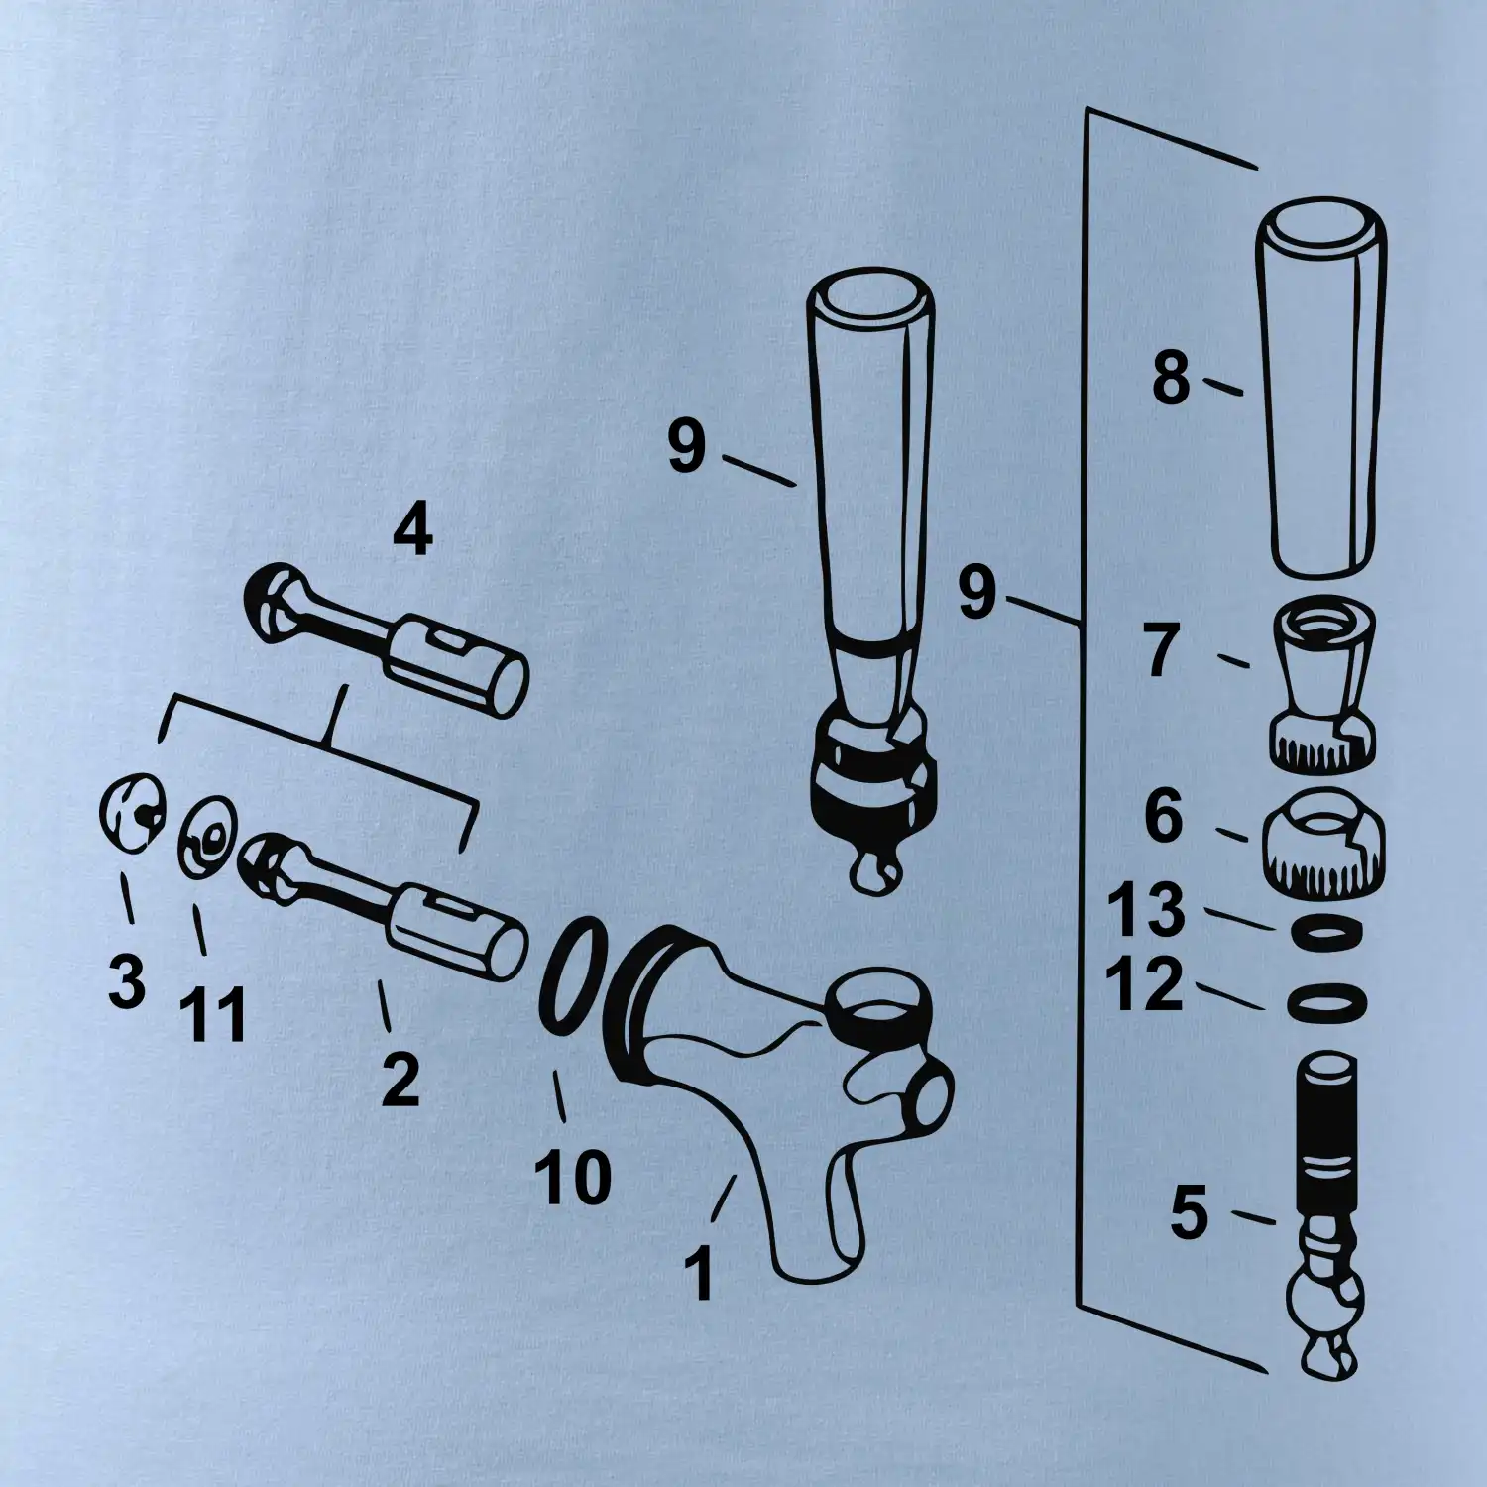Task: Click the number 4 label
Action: click(x=412, y=531)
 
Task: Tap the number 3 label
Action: click(x=127, y=981)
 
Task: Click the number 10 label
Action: click(x=573, y=1177)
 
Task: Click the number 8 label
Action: click(x=1171, y=378)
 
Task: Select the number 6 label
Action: click(x=1164, y=816)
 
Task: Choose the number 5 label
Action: click(x=1190, y=1211)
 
